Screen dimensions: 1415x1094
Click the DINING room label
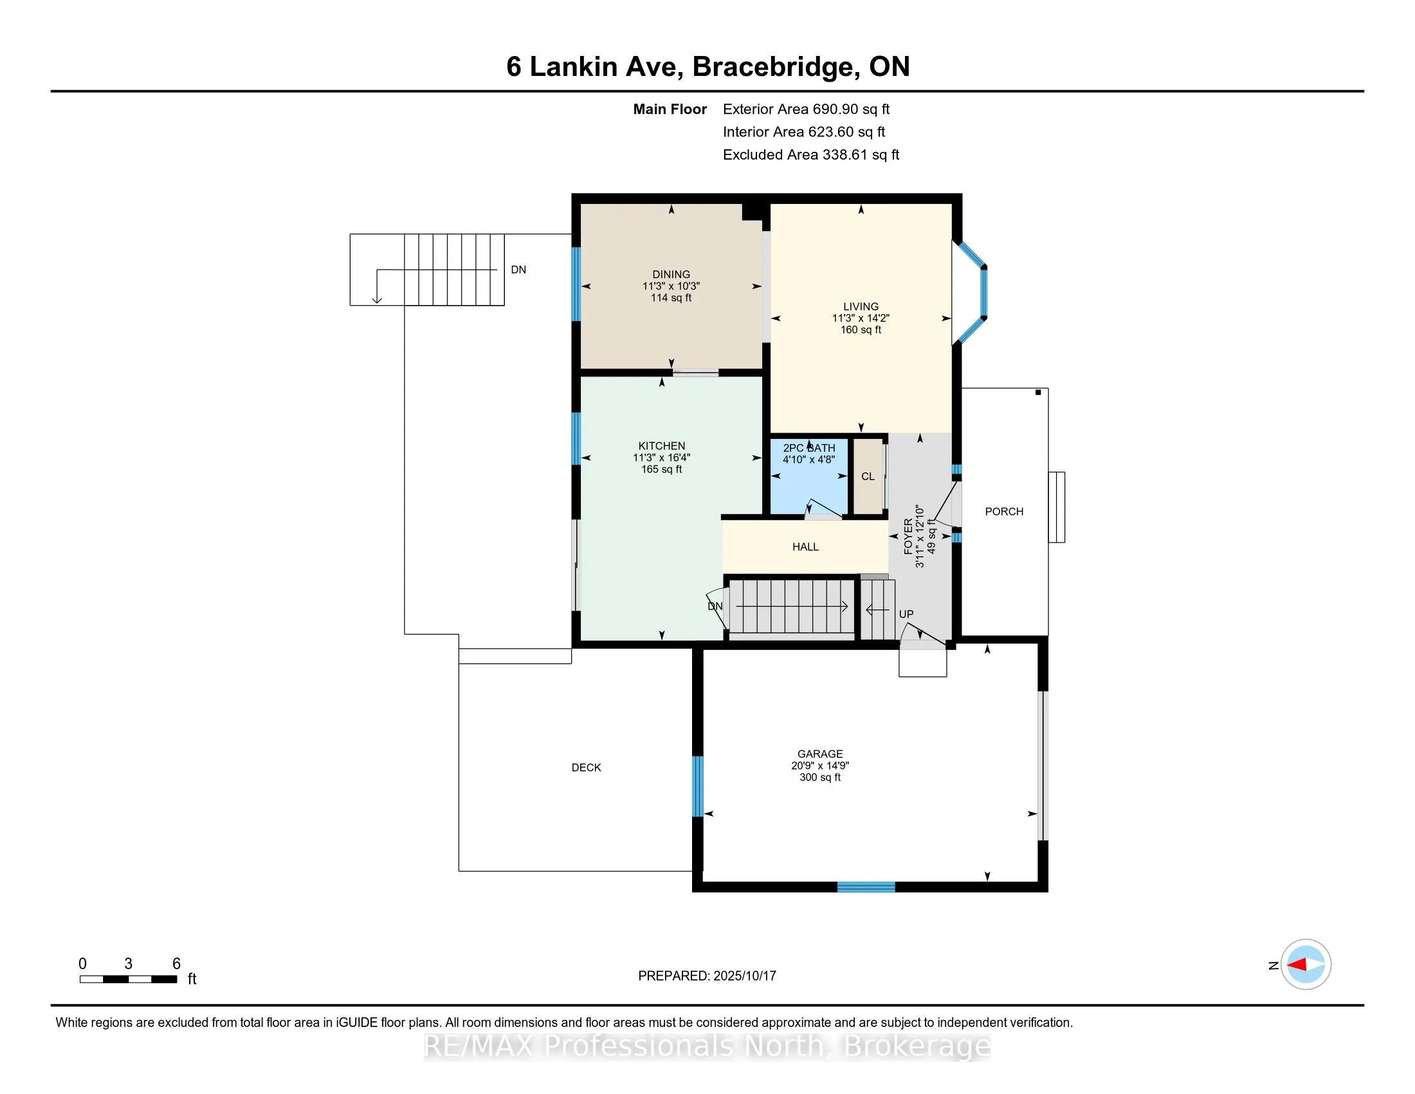point(671,274)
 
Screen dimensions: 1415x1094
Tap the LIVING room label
point(861,306)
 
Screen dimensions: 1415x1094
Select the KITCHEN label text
point(661,446)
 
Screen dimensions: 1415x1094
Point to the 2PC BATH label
point(809,448)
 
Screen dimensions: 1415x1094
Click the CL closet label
point(868,476)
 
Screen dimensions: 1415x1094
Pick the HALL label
point(805,547)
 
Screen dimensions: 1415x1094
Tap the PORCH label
point(1004,512)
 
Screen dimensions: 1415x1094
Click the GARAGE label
point(820,754)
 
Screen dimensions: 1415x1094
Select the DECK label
point(587,767)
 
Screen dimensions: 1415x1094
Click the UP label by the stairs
point(906,614)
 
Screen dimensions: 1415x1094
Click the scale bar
point(128,979)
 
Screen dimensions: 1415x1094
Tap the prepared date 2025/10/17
point(744,976)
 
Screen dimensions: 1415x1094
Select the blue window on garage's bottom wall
point(866,887)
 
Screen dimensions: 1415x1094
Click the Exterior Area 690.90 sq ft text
point(806,109)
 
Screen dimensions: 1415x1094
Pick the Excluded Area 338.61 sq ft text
point(810,155)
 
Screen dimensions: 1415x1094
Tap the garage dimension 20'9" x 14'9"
point(820,765)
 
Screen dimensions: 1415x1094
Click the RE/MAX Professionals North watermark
point(707,1046)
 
